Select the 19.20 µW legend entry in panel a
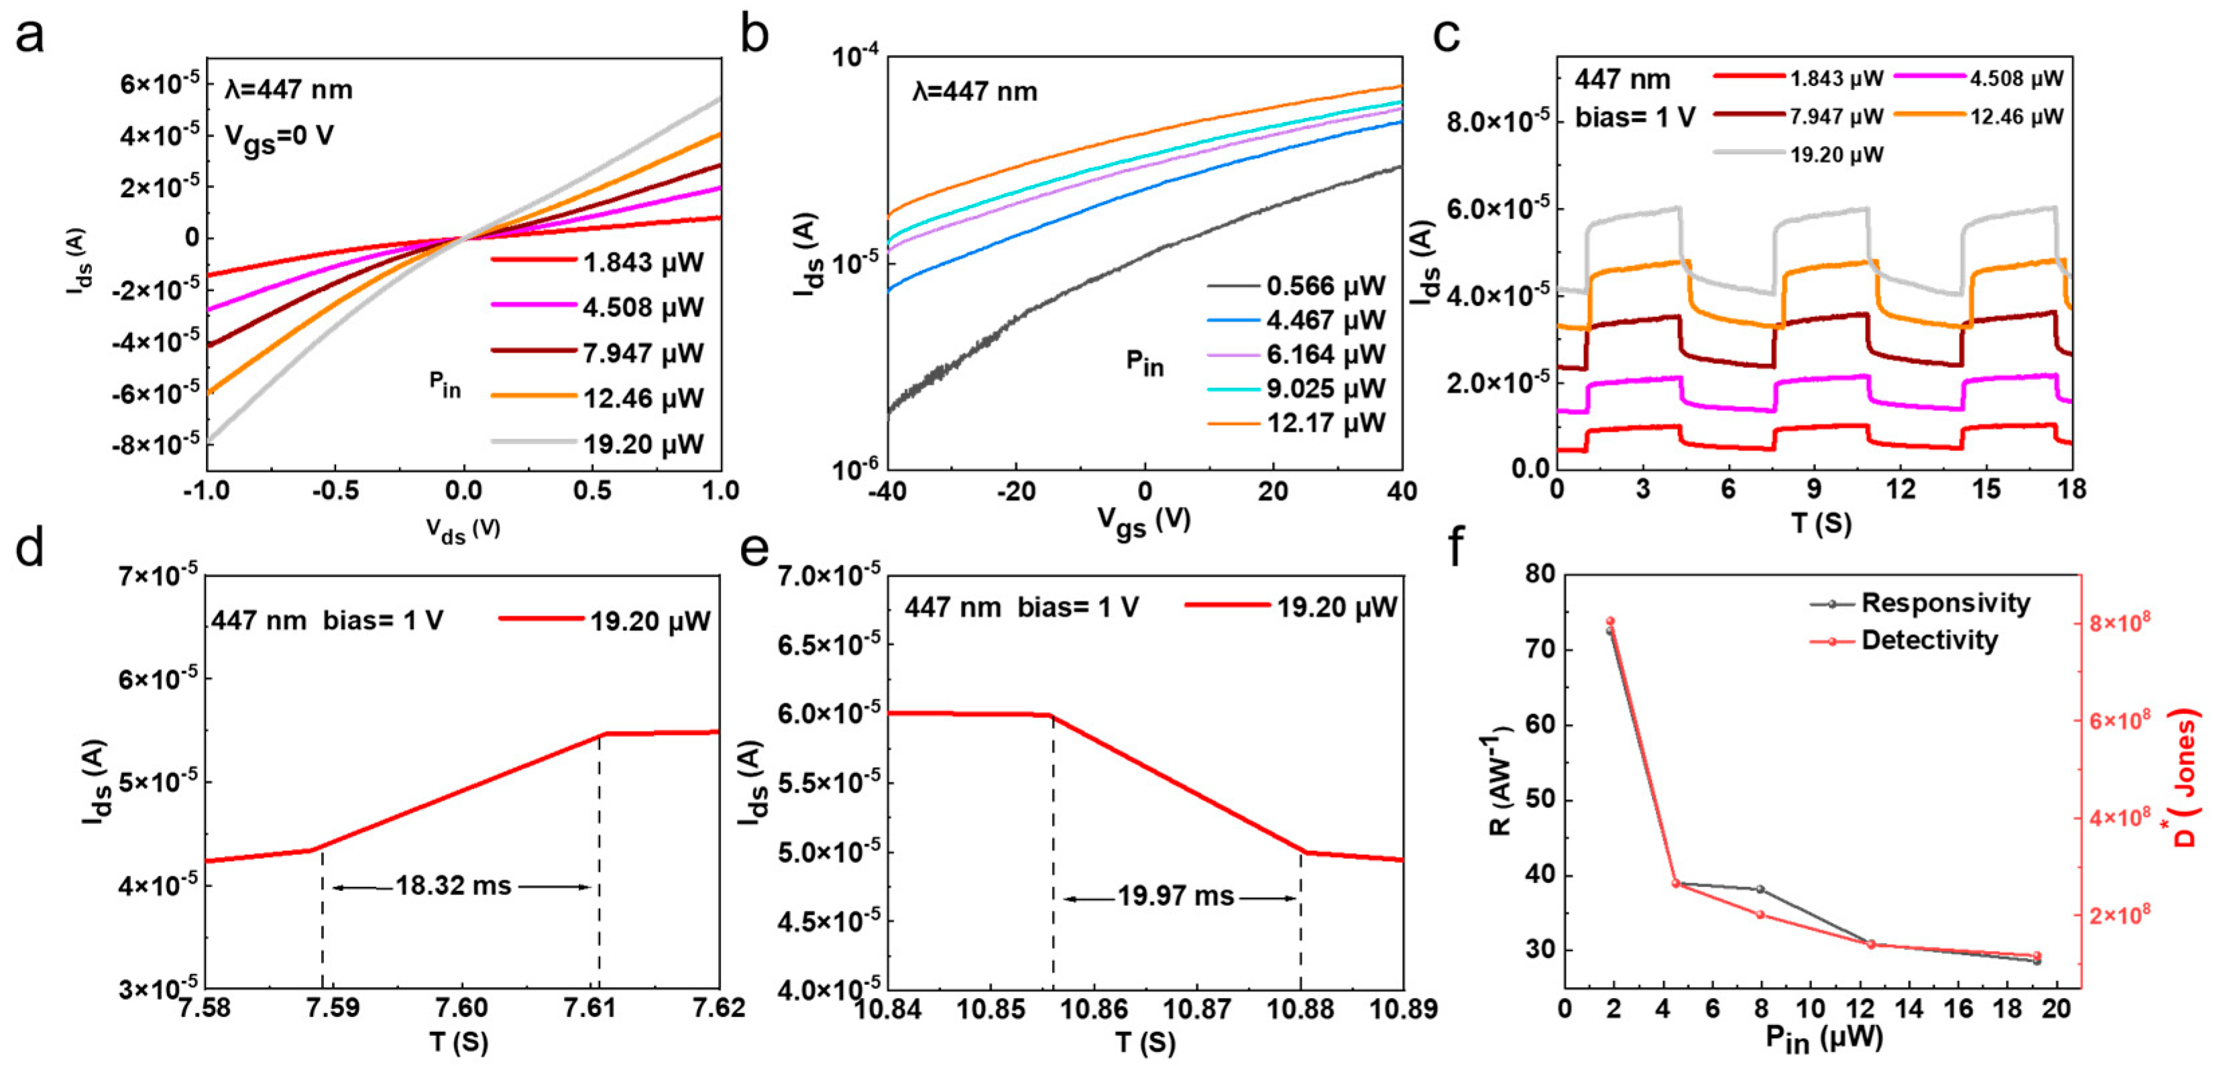click(642, 444)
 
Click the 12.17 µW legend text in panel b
click(1324, 422)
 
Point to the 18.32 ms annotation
click(453, 886)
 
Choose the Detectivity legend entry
click(1929, 640)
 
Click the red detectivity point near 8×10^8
click(1610, 621)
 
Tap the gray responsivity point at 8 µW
click(1760, 889)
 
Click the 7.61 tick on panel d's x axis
click(590, 1007)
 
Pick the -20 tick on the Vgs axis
click(1015, 491)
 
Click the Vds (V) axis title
click(463, 530)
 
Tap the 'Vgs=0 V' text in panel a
click(278, 137)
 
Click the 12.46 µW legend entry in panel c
click(2015, 117)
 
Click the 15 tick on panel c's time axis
click(1986, 489)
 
